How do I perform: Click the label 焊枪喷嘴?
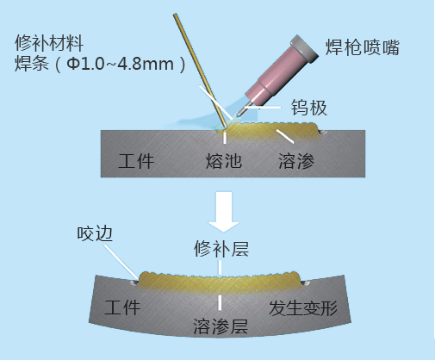tap(363, 47)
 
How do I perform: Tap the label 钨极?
tap(309, 108)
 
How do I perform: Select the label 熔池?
tap(224, 160)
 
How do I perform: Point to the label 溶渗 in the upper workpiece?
tap(296, 160)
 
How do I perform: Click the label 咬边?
tap(95, 233)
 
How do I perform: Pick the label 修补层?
tap(221, 248)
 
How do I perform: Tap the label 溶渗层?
tap(221, 326)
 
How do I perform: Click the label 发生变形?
tap(303, 308)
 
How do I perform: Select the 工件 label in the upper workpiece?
tap(136, 161)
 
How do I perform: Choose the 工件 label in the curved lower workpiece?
tap(122, 307)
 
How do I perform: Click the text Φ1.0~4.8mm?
tap(121, 64)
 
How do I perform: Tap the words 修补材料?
tap(49, 43)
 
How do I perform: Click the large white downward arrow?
tap(224, 211)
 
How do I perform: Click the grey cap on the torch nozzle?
tap(304, 48)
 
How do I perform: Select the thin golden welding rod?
tap(200, 71)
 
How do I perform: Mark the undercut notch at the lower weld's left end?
tap(134, 282)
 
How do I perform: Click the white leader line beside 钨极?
tap(263, 108)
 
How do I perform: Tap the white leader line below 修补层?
tap(220, 268)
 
